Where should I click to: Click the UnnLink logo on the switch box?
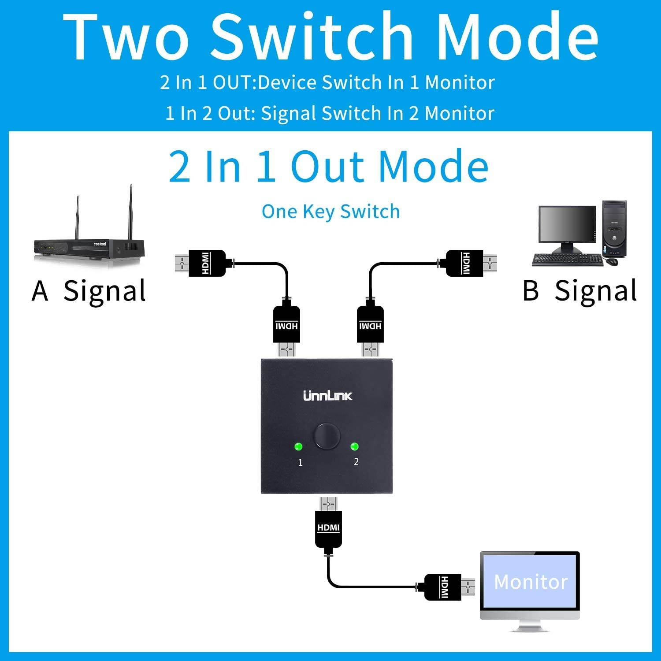coord(328,396)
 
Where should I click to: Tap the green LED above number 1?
coord(299,447)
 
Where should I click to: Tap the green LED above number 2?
coord(354,447)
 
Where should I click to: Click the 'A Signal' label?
coord(89,291)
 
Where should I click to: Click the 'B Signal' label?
coord(579,291)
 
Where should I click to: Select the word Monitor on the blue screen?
coord(531,582)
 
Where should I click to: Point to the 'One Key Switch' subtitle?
coord(330,212)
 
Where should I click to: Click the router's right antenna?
coord(131,212)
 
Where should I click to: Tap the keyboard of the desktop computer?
coord(566,260)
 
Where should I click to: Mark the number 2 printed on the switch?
coord(356,461)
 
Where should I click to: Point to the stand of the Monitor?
coord(529,625)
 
